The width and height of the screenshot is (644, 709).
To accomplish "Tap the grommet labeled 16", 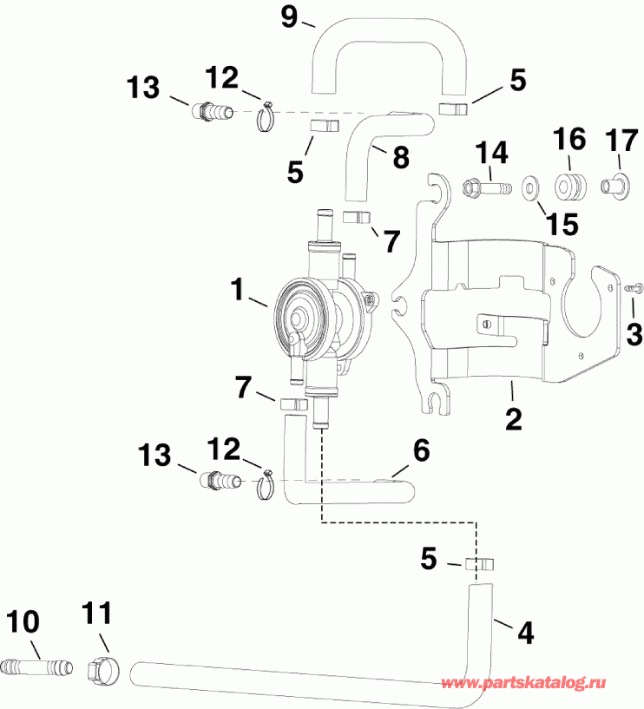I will pos(568,185).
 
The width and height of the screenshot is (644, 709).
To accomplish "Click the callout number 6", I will pos(420,449).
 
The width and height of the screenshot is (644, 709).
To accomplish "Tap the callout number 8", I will pos(399,158).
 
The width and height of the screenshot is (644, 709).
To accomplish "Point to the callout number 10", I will pos(23,621).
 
